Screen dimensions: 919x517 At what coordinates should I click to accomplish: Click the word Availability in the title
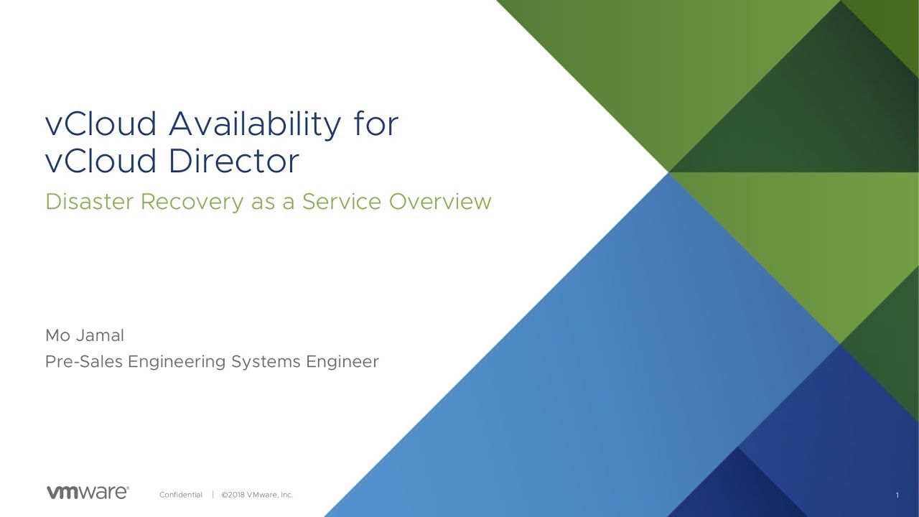click(255, 125)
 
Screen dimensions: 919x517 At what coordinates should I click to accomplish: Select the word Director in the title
click(234, 160)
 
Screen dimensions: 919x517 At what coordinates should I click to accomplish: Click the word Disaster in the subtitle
click(89, 202)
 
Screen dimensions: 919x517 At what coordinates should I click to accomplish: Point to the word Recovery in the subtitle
click(192, 202)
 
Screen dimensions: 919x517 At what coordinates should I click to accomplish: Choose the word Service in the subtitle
click(342, 202)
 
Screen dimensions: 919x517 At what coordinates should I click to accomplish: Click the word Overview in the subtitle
click(440, 202)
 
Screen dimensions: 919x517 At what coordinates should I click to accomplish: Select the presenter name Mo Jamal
click(85, 335)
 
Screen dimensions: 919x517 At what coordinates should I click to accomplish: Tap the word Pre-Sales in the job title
click(84, 361)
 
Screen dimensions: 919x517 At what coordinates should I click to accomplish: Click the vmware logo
click(88, 493)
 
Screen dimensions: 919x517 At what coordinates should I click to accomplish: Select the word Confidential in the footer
click(181, 495)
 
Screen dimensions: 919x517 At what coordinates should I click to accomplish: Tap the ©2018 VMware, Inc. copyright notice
click(257, 495)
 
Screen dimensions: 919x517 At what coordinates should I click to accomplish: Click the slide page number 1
click(897, 495)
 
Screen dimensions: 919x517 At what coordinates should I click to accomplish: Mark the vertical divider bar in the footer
click(213, 495)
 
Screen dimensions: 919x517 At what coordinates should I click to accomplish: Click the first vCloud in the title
click(101, 124)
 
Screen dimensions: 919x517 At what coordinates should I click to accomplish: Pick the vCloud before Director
click(101, 160)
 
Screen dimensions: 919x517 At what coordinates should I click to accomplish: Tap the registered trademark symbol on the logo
click(128, 488)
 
